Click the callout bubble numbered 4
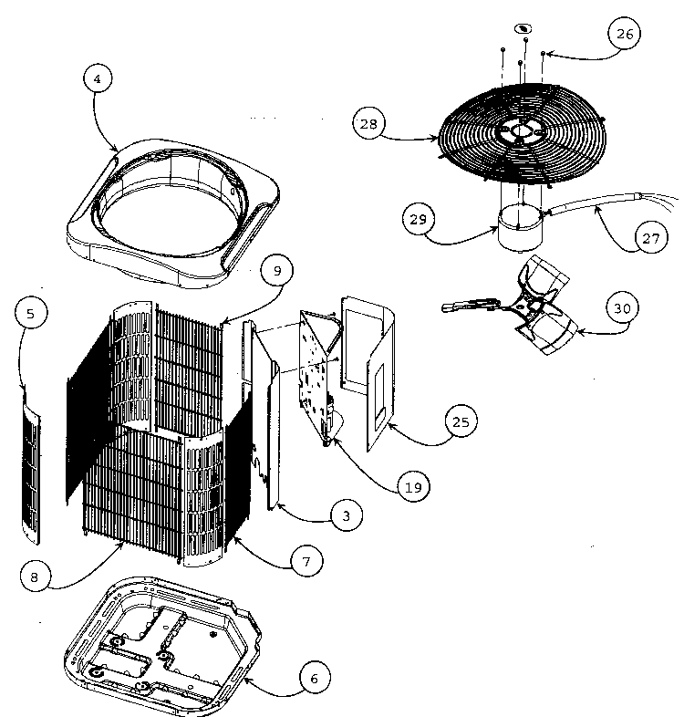click(x=98, y=79)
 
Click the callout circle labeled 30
click(x=621, y=308)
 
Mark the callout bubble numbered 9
click(x=276, y=270)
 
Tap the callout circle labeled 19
click(x=413, y=485)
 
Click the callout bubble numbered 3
click(x=346, y=516)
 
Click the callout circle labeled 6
click(x=314, y=679)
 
